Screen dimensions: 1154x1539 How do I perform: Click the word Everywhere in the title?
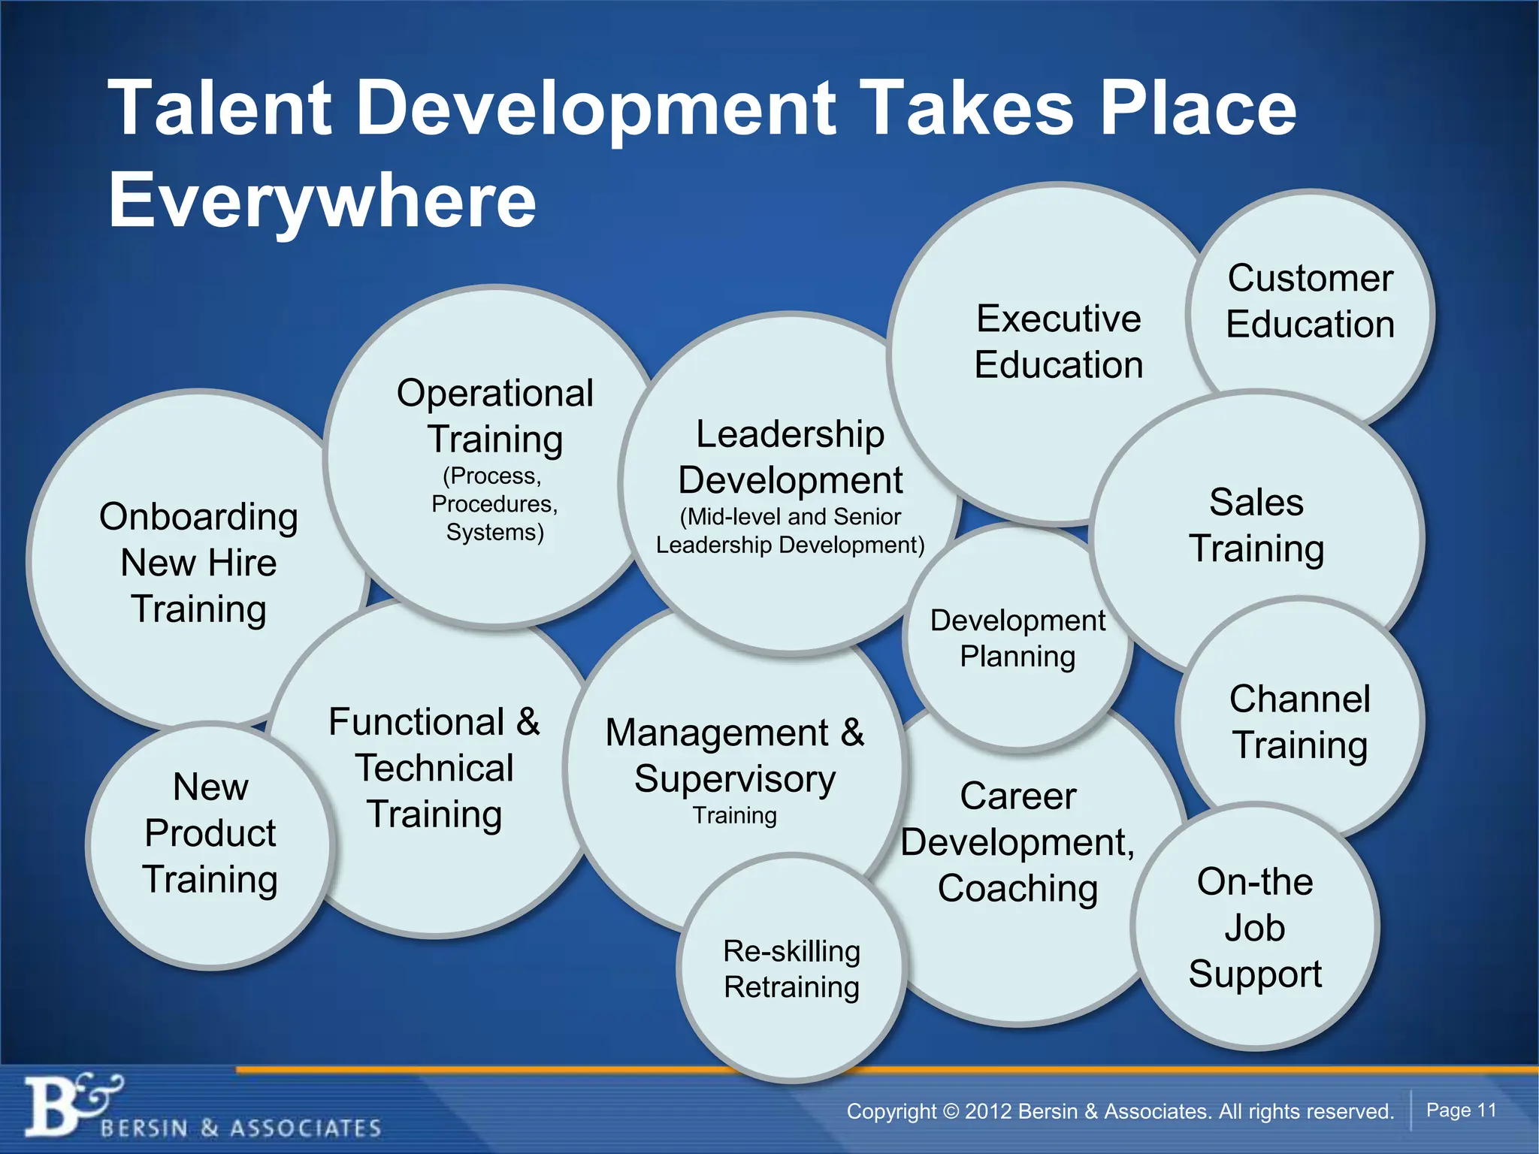pos(322,201)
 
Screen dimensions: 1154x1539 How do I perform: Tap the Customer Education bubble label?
pos(1310,301)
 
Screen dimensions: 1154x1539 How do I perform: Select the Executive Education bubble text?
pos(1058,342)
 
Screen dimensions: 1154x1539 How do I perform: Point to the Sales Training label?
pos(1256,525)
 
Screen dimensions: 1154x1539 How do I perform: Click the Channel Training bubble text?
pos(1299,722)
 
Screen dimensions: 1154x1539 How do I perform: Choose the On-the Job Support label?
pos(1255,927)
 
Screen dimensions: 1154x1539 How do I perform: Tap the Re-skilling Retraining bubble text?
pos(791,969)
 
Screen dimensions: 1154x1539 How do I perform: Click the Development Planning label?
pos(1017,639)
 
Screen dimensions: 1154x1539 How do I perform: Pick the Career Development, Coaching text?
pos(1017,842)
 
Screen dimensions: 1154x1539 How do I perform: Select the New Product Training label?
pos(210,833)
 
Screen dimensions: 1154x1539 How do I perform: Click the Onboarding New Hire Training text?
pos(198,563)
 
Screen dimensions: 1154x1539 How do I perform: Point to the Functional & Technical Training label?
pos(434,768)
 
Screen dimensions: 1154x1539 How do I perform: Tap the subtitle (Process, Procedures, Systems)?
pos(494,504)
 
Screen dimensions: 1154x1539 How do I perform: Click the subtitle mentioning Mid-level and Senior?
pos(790,530)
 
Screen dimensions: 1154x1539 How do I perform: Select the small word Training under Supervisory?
pos(735,815)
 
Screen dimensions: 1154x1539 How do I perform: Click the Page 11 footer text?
pos(1461,1110)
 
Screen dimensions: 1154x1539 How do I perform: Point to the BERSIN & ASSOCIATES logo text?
pos(240,1128)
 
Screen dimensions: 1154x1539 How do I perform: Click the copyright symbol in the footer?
pos(951,1111)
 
